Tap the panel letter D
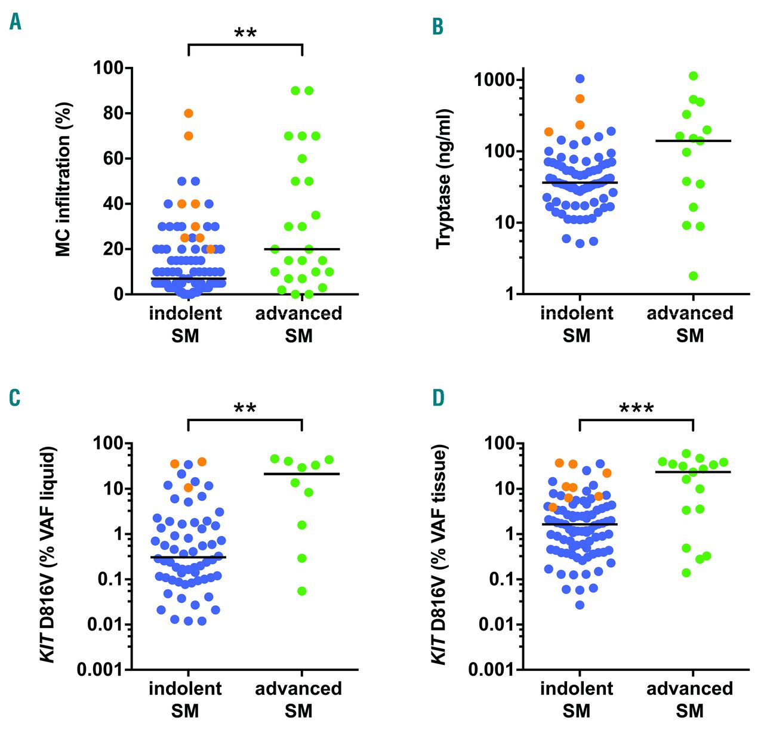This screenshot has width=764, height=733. click(x=438, y=398)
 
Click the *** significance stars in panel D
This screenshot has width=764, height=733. click(x=636, y=409)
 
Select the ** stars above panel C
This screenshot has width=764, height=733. click(x=245, y=409)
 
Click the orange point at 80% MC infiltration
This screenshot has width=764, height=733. click(x=189, y=113)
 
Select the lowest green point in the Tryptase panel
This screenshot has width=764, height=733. click(x=693, y=276)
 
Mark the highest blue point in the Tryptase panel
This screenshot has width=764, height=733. click(x=580, y=79)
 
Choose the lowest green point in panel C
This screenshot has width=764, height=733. click(x=302, y=591)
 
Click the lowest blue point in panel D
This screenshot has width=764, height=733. click(x=580, y=605)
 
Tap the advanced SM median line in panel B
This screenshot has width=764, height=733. click(x=693, y=141)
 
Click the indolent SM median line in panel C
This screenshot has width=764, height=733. click(x=189, y=557)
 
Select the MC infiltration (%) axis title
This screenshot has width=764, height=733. click(x=64, y=179)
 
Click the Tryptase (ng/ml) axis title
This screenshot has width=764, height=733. click(x=444, y=179)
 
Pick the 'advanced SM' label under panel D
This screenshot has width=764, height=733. click(x=690, y=700)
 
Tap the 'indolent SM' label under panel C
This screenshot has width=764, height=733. click(x=186, y=700)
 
